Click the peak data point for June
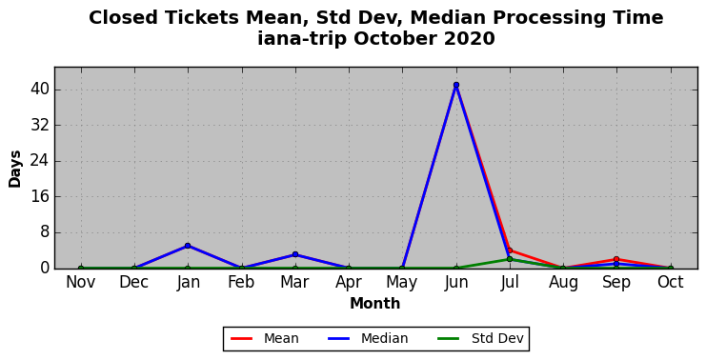click(x=456, y=85)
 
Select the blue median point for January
click(x=188, y=246)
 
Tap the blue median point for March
click(x=295, y=254)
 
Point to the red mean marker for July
click(x=510, y=250)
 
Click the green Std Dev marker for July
click(x=510, y=259)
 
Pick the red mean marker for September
click(x=616, y=259)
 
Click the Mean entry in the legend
click(x=264, y=338)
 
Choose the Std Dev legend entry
click(x=480, y=338)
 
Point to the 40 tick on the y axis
click(x=39, y=90)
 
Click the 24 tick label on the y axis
click(x=39, y=161)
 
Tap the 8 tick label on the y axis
click(x=44, y=232)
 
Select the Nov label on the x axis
click(x=81, y=282)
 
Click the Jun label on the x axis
click(x=456, y=282)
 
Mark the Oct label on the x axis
click(x=671, y=282)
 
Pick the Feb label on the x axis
click(x=241, y=282)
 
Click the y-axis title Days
click(x=15, y=169)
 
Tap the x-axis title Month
click(x=375, y=303)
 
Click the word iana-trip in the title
click(x=302, y=39)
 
